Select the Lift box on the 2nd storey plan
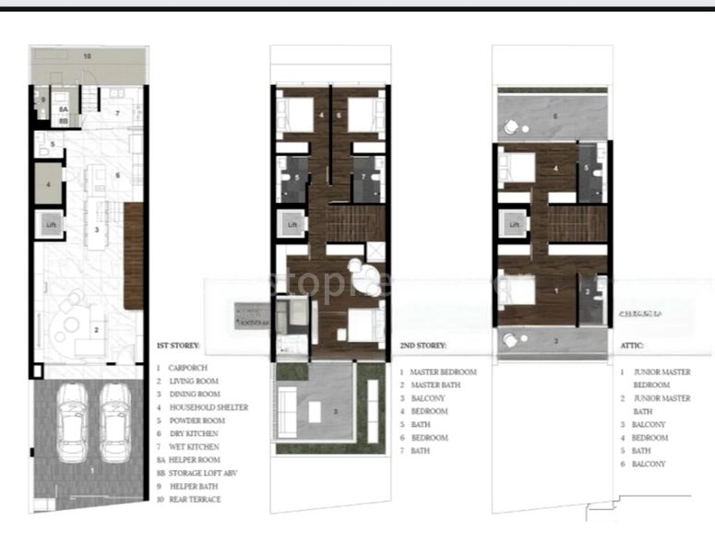coord(292,224)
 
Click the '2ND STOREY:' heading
coord(423,347)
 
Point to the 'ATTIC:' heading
coord(632,347)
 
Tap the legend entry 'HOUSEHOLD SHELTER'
coord(209,407)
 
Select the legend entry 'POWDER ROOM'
coord(197,420)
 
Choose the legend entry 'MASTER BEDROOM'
coord(444,371)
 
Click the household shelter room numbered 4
coord(49,184)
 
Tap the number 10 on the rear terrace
coord(88,56)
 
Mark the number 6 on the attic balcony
coord(555,116)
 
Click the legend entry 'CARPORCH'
coord(188,368)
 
